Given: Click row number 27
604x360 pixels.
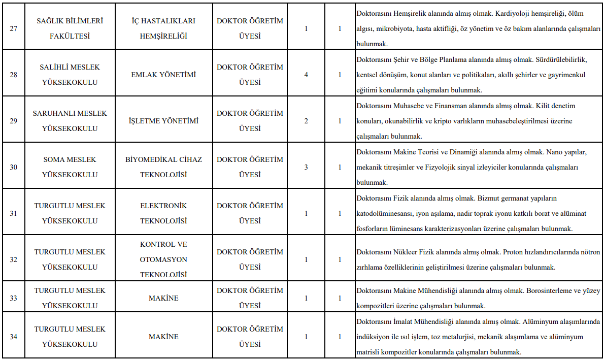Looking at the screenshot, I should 14,28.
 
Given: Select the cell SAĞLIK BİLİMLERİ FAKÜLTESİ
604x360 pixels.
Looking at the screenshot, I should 70,28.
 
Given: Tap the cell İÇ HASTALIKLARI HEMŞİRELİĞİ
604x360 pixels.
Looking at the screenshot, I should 163,28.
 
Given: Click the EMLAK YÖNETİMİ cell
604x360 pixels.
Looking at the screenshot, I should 163,75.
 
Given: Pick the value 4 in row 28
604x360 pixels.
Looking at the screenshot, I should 306,75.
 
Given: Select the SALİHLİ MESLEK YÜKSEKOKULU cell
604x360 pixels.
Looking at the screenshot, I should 70,75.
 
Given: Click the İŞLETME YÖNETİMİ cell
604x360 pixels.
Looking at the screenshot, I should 163,121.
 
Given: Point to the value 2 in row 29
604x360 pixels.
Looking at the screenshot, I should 306,121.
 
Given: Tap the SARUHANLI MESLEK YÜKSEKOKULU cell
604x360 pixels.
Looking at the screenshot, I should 70,121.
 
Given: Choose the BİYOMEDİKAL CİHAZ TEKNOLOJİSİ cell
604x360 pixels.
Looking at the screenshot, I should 163,167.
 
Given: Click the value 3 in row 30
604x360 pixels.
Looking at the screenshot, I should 306,167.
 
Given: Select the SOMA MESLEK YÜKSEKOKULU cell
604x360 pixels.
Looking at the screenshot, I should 70,167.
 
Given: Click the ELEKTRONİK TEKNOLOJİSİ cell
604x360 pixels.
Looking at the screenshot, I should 163,213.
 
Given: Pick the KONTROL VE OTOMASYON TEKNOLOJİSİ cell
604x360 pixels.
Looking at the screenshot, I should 163,259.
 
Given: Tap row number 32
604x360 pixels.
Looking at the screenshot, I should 14,259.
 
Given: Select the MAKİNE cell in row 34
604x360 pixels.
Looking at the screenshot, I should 163,337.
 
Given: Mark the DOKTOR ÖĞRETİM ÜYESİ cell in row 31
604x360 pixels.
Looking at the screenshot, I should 250,213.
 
